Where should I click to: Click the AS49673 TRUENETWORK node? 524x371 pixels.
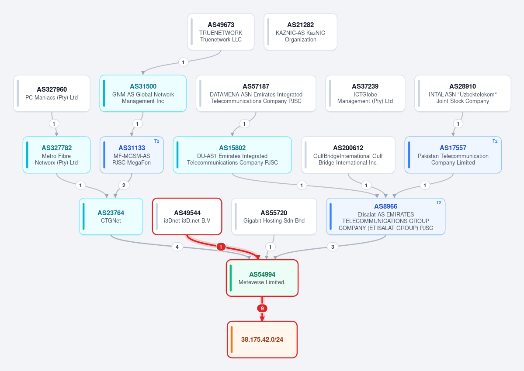[221, 32]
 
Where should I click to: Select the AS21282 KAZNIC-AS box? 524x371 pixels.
[300, 32]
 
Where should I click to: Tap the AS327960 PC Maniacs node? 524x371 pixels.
[52, 93]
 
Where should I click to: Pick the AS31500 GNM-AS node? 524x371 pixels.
[143, 93]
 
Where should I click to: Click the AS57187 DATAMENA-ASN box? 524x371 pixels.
[256, 93]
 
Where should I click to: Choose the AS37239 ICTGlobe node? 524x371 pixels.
[365, 93]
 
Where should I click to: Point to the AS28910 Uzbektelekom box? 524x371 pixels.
[463, 93]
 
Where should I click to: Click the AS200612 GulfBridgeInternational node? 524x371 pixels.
[348, 155]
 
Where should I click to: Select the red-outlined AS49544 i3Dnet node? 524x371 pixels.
[187, 216]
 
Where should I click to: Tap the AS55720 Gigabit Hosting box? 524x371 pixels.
[274, 216]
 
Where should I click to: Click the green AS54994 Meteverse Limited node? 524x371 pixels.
[262, 278]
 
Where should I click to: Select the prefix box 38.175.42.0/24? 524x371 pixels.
[262, 340]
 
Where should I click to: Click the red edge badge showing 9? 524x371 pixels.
[262, 309]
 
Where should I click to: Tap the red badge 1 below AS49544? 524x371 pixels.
[221, 247]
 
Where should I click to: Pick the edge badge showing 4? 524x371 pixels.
[177, 247]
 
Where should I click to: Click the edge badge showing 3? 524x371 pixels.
[333, 247]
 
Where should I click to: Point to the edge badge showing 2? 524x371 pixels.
[124, 185]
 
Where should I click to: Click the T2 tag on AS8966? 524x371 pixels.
[438, 203]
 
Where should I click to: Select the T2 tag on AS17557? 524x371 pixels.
[495, 141]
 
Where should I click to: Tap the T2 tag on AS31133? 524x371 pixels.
[157, 141]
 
